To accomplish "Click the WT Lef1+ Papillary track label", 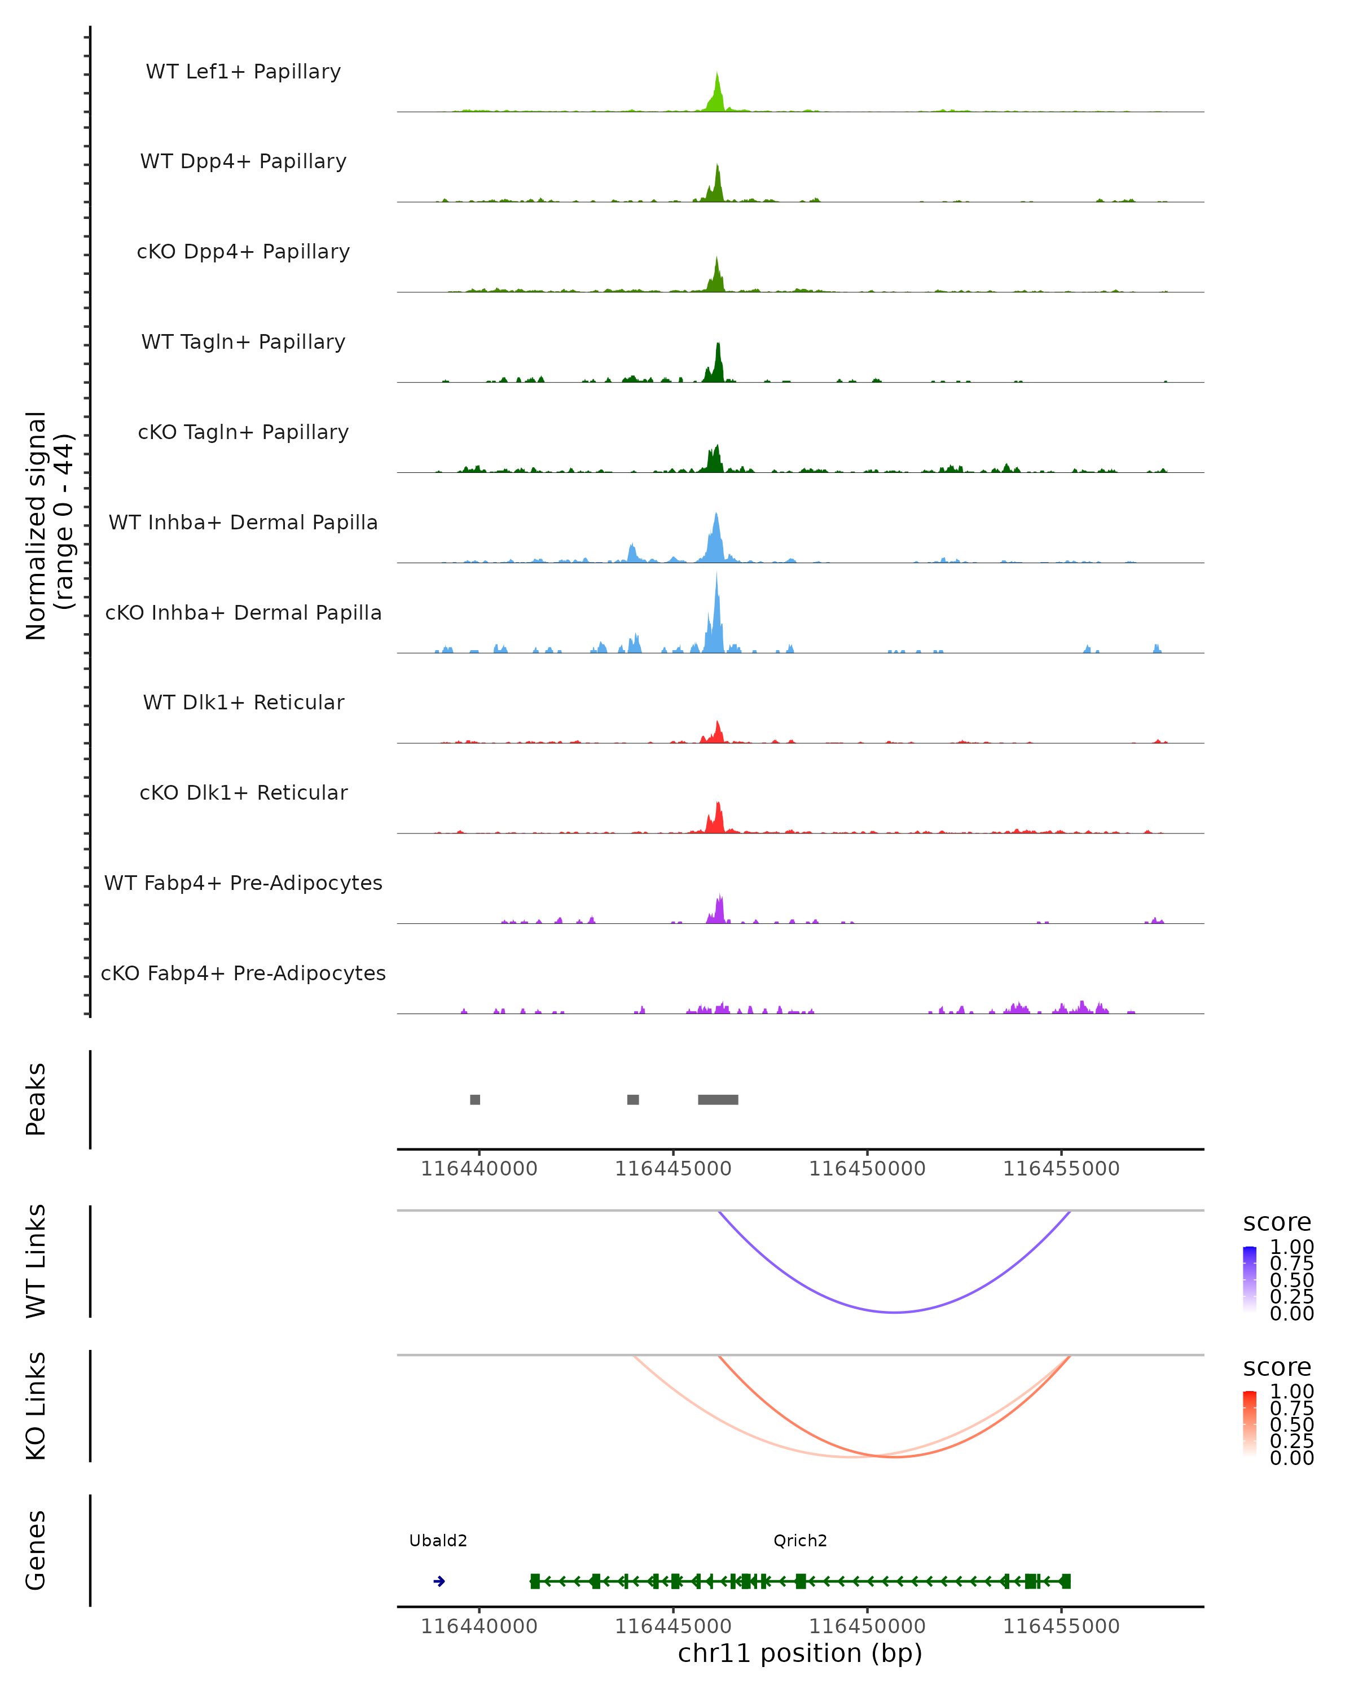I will pyautogui.click(x=243, y=72).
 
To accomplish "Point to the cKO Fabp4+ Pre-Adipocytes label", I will pyautogui.click(x=243, y=973).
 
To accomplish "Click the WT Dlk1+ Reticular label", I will pyautogui.click(x=243, y=702).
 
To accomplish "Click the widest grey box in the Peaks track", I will pyautogui.click(x=718, y=1099).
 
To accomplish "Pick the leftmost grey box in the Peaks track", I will pyautogui.click(x=475, y=1099).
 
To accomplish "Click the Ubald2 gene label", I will pyautogui.click(x=438, y=1541).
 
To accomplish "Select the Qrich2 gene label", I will pyautogui.click(x=800, y=1541).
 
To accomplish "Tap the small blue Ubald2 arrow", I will pyautogui.click(x=439, y=1581).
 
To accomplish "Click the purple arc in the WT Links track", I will pyautogui.click(x=895, y=1312).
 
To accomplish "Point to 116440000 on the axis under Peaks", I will pyautogui.click(x=479, y=1169).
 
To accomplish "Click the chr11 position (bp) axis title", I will pyautogui.click(x=800, y=1653).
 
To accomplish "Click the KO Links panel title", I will pyautogui.click(x=36, y=1406).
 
